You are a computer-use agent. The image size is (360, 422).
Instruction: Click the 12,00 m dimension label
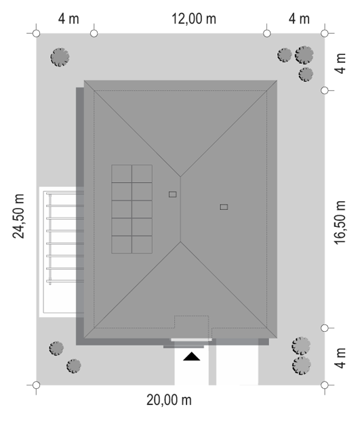tap(194, 19)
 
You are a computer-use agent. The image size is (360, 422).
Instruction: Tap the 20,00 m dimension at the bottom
tap(169, 400)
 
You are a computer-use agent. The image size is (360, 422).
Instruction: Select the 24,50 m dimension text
tap(18, 216)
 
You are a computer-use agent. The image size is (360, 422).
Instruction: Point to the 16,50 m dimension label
tap(340, 222)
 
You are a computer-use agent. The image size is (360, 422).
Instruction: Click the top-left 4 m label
tap(68, 19)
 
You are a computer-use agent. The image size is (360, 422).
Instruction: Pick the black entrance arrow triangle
tap(192, 356)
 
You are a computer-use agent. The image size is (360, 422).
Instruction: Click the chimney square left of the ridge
tap(172, 194)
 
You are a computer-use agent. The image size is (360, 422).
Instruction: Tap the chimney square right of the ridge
tap(224, 207)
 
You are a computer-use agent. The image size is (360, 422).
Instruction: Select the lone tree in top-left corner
tap(60, 57)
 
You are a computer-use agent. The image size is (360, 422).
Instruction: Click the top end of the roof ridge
tap(180, 177)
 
